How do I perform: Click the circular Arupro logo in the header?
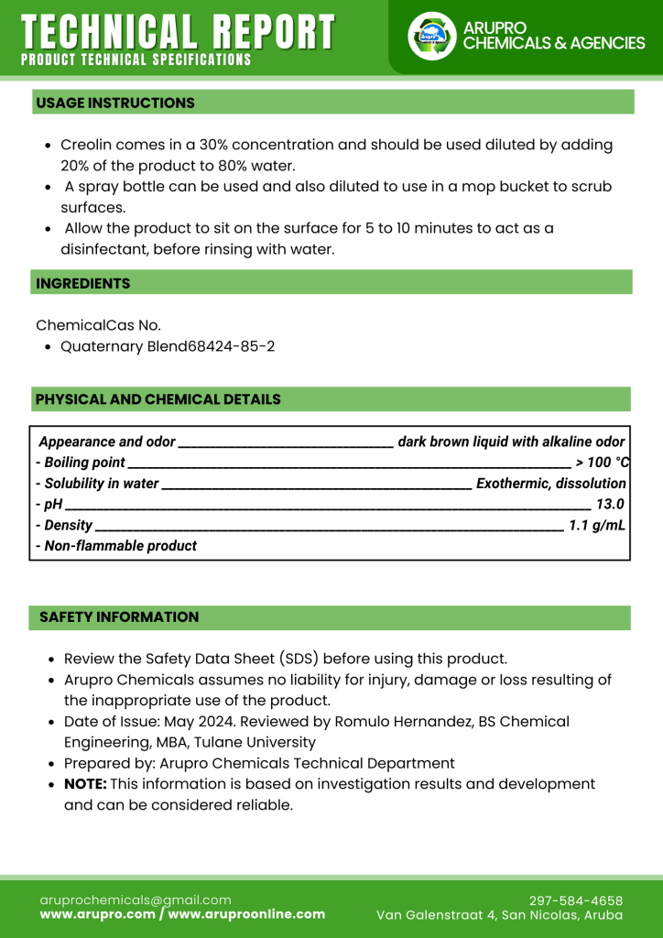(x=431, y=37)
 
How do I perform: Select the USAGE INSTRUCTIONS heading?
(x=115, y=103)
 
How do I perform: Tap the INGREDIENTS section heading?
(x=83, y=284)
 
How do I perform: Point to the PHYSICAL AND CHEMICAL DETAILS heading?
(x=158, y=399)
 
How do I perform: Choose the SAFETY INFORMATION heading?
(x=119, y=617)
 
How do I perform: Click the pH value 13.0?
(x=610, y=504)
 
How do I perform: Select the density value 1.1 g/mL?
(x=597, y=525)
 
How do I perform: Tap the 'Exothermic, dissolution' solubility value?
(x=551, y=483)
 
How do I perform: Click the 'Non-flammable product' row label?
(x=116, y=546)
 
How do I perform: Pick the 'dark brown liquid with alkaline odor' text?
(x=512, y=442)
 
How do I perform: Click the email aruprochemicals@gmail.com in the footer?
(x=136, y=900)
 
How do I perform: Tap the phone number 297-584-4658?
(x=576, y=900)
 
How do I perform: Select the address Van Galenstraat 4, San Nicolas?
(x=500, y=915)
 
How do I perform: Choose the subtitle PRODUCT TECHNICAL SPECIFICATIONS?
(x=136, y=60)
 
